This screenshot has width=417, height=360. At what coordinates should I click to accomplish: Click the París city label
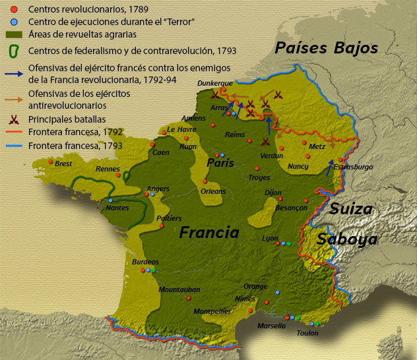(220, 163)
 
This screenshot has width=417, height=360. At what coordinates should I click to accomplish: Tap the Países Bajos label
(327, 48)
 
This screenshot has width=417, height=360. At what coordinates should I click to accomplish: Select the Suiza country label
(351, 210)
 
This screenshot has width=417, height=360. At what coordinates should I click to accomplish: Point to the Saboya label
(347, 240)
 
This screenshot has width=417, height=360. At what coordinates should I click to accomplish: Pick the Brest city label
(63, 164)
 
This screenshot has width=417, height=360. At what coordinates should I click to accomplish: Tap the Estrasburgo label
(353, 167)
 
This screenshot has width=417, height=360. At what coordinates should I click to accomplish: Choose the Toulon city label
(307, 333)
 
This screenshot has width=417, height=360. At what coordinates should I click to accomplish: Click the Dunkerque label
(214, 83)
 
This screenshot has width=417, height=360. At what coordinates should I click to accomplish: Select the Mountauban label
(179, 289)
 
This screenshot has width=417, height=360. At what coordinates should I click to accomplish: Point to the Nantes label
(117, 208)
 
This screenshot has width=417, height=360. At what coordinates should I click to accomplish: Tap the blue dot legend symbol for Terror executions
(13, 22)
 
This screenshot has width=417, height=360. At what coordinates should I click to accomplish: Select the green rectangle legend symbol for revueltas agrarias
(13, 34)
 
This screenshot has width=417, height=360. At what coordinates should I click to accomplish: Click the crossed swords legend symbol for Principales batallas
(13, 120)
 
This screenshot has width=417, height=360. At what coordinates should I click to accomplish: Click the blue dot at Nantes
(110, 200)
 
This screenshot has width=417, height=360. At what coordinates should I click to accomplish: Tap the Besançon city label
(291, 208)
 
